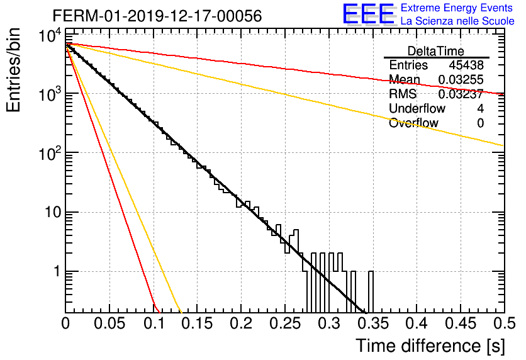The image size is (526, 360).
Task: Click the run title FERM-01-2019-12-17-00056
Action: click(157, 16)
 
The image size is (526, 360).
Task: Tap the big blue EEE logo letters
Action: click(369, 14)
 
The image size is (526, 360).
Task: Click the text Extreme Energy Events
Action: click(457, 8)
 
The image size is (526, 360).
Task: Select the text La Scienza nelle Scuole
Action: click(457, 21)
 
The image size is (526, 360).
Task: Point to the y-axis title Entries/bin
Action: click(13, 70)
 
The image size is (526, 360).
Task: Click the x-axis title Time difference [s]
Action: click(430, 346)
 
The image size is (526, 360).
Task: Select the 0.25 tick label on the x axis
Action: click(285, 323)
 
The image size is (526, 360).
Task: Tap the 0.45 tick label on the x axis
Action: click(461, 323)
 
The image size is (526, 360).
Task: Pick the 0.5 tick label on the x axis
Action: click(505, 323)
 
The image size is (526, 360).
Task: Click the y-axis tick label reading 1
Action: click(57, 271)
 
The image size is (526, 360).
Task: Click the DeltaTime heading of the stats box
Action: click(436, 51)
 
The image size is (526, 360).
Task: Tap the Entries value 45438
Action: click(466, 65)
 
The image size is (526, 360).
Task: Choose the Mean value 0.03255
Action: click(461, 79)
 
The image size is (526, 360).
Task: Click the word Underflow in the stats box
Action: click(417, 108)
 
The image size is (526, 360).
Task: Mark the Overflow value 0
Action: click(480, 123)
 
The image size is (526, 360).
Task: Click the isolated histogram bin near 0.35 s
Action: click(371, 291)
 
